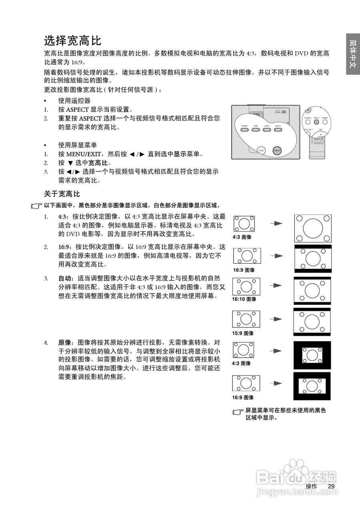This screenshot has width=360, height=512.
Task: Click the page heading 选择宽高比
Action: coord(72,40)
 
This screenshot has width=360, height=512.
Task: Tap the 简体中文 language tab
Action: coord(352,54)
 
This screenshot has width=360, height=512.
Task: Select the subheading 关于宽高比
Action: coord(62,194)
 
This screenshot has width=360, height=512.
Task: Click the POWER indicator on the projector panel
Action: coord(244,130)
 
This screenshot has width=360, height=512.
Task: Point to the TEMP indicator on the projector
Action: coord(256,130)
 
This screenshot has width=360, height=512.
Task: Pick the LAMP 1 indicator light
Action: coord(266,130)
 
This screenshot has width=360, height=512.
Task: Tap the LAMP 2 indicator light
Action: coord(278,130)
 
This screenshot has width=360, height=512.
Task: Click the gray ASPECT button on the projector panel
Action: coord(277,150)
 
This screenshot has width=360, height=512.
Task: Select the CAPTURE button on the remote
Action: coord(308,122)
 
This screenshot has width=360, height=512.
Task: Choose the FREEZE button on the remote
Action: coord(325,122)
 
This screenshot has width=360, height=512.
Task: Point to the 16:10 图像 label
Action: coord(244,299)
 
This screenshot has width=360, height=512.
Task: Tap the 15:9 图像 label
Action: coord(243,333)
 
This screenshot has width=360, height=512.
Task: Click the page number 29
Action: coord(331,486)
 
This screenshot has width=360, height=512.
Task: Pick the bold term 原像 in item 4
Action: coord(65,343)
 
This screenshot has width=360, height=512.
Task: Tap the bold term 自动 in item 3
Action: coord(65,278)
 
